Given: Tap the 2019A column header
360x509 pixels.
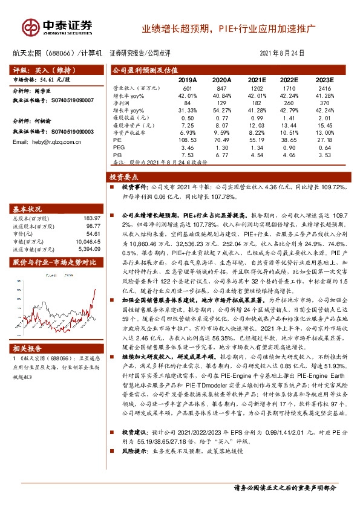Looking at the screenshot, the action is tap(188, 80).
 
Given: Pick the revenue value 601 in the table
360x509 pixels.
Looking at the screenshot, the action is tap(188, 89).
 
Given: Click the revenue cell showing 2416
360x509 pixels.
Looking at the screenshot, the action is tap(325, 89).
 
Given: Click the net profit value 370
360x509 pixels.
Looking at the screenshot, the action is tap(325, 103).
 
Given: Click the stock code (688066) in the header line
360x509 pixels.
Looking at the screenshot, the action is tap(60, 53).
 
